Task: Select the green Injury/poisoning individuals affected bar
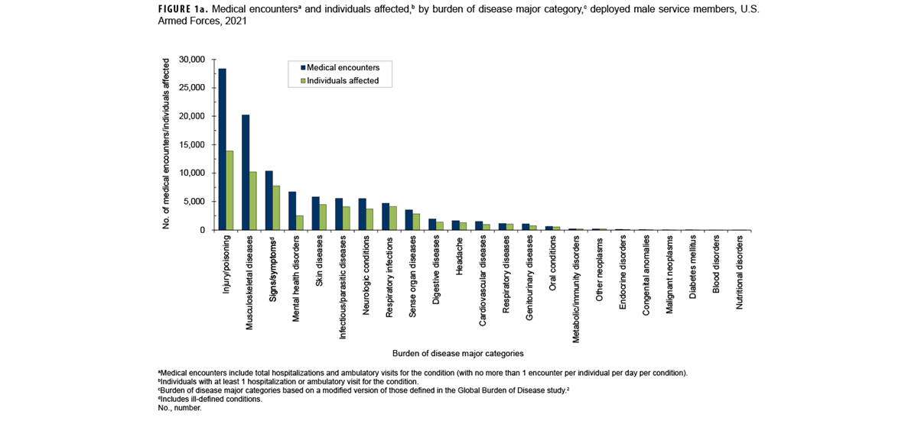[229, 190]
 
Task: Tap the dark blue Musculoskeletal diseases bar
[246, 172]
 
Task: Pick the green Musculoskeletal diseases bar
[253, 200]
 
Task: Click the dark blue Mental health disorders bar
[292, 210]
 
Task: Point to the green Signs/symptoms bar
[277, 207]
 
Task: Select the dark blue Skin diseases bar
[316, 213]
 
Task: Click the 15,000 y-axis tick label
[190, 144]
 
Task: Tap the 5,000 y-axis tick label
[193, 202]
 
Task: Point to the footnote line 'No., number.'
[180, 408]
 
